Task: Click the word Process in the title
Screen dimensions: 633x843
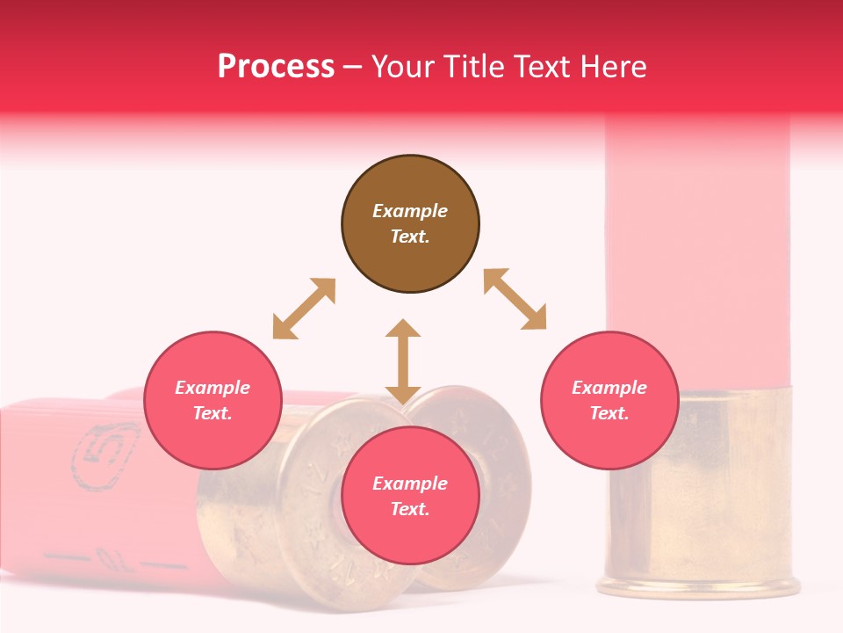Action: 276,66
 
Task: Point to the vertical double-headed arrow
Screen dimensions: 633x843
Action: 403,362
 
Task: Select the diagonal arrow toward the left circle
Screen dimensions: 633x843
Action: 304,309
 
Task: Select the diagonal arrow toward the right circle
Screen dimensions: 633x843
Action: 515,299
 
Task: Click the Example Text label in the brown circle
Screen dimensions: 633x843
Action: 410,223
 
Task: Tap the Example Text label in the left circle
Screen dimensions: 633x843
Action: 213,400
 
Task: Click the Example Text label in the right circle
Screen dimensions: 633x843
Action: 609,400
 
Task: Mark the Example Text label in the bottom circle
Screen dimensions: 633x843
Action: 410,496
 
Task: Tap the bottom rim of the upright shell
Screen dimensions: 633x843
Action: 698,587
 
